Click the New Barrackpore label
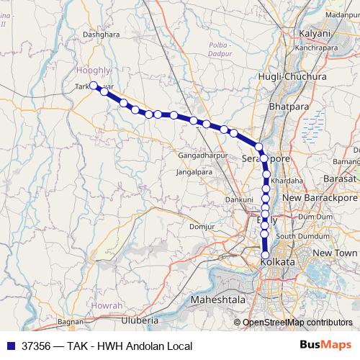pos(320,197)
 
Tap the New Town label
pos(335,253)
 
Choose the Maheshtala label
pos(217,299)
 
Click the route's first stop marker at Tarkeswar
pos(94,86)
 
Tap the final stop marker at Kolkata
pos(265,255)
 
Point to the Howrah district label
pos(107,306)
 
